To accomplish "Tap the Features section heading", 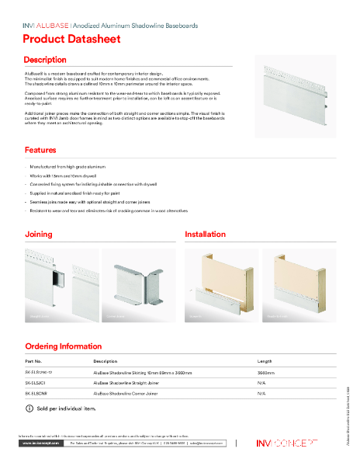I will coord(40,150).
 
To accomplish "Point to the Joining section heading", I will coord(39,234).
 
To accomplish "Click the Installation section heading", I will coord(206,234).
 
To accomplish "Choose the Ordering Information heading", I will coord(63,346).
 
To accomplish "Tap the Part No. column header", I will coord(33,361).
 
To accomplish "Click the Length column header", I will coord(265,361).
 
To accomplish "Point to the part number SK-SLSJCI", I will coord(36,384).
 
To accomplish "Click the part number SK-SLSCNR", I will coord(37,394).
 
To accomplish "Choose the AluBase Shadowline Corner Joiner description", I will coord(127,394).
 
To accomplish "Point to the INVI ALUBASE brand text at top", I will coord(47,26).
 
